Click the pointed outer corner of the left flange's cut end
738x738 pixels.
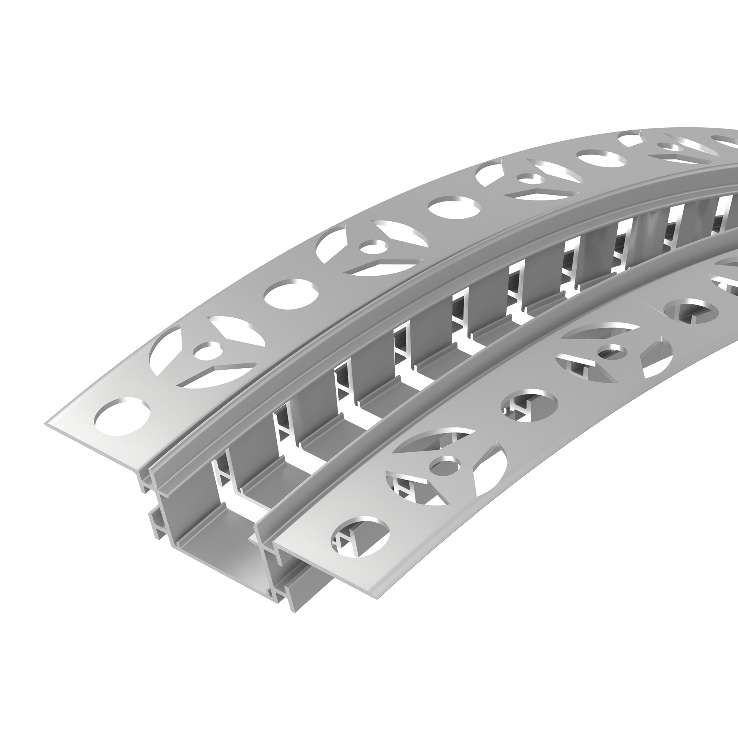coord(46,423)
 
